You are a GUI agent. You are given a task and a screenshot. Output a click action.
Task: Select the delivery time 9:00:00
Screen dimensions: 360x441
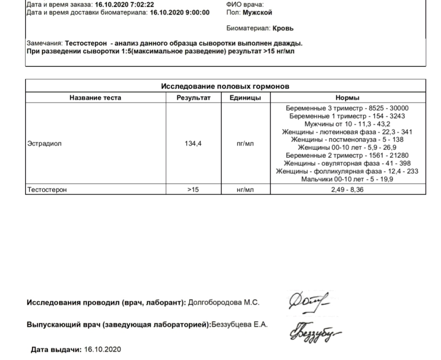pyautogui.click(x=195, y=12)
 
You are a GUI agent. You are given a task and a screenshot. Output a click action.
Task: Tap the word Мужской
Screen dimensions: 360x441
pyautogui.click(x=257, y=12)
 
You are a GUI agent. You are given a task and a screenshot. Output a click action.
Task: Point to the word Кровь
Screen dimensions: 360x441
pyautogui.click(x=283, y=28)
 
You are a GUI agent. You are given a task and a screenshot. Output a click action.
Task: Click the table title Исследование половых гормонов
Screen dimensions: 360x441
pyautogui.click(x=225, y=87)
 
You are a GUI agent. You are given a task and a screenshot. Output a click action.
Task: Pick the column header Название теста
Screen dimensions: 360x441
pyautogui.click(x=95, y=97)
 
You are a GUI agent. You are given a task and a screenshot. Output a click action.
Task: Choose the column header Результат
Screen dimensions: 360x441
pyautogui.click(x=194, y=97)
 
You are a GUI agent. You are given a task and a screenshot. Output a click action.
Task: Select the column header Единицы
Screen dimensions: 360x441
pyautogui.click(x=245, y=97)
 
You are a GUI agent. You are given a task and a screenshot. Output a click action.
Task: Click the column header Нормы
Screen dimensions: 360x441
pyautogui.click(x=347, y=97)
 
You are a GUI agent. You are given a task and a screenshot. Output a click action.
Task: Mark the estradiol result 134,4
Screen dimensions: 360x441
pyautogui.click(x=193, y=144)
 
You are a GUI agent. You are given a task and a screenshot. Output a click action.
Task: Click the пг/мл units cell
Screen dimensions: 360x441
pyautogui.click(x=245, y=144)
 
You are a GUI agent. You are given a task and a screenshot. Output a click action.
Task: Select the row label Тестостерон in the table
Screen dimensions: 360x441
pyautogui.click(x=47, y=190)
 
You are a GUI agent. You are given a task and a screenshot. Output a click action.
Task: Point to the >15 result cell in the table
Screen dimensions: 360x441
pyautogui.click(x=193, y=190)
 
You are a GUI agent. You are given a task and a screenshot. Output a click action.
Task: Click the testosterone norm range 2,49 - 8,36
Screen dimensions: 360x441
pyautogui.click(x=347, y=190)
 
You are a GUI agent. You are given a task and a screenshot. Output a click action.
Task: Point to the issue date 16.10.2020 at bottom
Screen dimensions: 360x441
pyautogui.click(x=102, y=349)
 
